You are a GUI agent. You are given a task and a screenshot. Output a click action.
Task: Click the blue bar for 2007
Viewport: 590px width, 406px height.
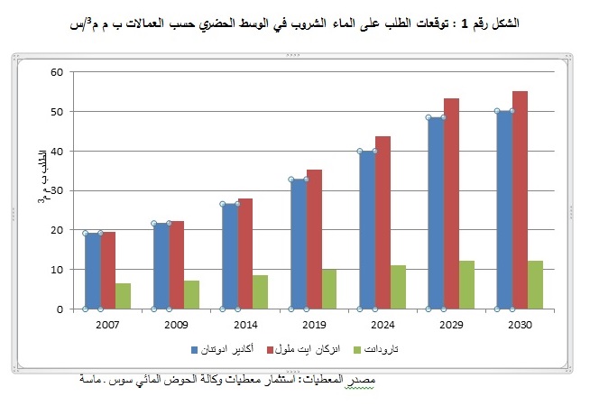93,271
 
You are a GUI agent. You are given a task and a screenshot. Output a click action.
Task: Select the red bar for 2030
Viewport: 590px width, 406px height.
520,200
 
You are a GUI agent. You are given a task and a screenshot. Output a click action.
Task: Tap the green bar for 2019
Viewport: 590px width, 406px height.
329,289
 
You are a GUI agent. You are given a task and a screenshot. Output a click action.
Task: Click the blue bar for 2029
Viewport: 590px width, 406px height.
436,213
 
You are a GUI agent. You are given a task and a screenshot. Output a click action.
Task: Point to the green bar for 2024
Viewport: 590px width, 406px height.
398,287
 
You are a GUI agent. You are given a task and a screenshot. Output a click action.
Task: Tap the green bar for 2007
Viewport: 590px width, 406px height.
124,296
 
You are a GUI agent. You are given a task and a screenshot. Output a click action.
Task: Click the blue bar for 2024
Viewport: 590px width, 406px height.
367,230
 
